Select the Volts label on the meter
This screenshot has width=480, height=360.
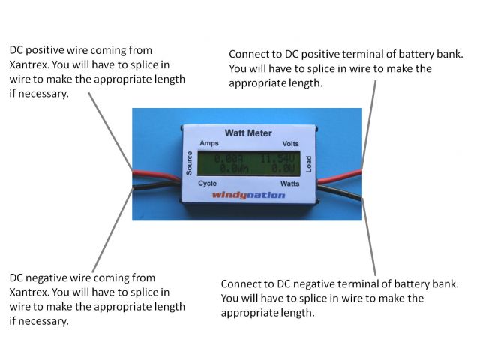coord(290,144)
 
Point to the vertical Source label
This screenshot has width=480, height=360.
coord(190,163)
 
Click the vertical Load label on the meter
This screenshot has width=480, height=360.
coord(308,163)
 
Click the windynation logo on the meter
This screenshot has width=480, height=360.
coord(249,195)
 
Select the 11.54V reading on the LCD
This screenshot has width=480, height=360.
coord(278,159)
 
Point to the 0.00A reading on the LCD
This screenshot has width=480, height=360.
coord(228,159)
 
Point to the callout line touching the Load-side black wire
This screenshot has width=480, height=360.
coord(369,232)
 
